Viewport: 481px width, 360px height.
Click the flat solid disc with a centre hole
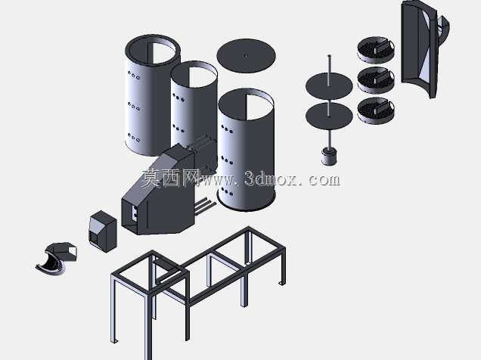246,55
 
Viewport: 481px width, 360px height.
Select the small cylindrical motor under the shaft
329,156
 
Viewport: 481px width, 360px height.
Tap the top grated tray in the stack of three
376,49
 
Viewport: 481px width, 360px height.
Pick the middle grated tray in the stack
376,79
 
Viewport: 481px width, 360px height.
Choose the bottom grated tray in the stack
376,110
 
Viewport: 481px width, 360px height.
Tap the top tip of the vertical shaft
329,56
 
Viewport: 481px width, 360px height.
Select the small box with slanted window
103,231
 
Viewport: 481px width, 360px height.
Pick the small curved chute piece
56,259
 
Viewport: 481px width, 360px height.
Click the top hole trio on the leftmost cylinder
133,75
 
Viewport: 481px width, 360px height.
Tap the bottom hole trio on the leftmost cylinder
133,138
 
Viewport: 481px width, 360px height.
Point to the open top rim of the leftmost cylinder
153,36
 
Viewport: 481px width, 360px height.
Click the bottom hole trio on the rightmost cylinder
227,191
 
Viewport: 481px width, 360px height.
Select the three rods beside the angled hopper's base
205,205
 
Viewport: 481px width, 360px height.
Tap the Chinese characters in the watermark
170,178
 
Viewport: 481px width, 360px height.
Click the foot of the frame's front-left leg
114,341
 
